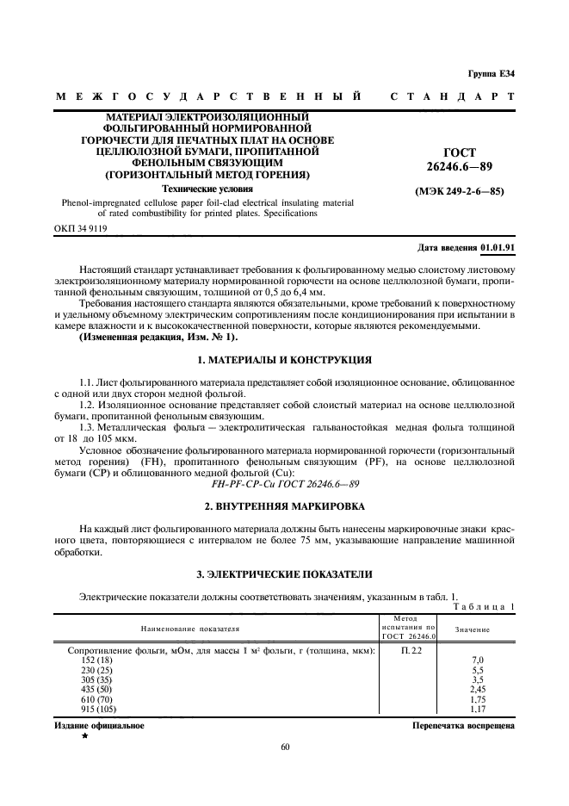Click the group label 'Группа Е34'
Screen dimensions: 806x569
tap(491, 73)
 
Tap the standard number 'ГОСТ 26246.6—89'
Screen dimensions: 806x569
tap(459, 158)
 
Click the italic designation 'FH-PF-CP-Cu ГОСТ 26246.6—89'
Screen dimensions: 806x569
tap(284, 484)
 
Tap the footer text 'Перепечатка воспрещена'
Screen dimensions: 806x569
tap(463, 726)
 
